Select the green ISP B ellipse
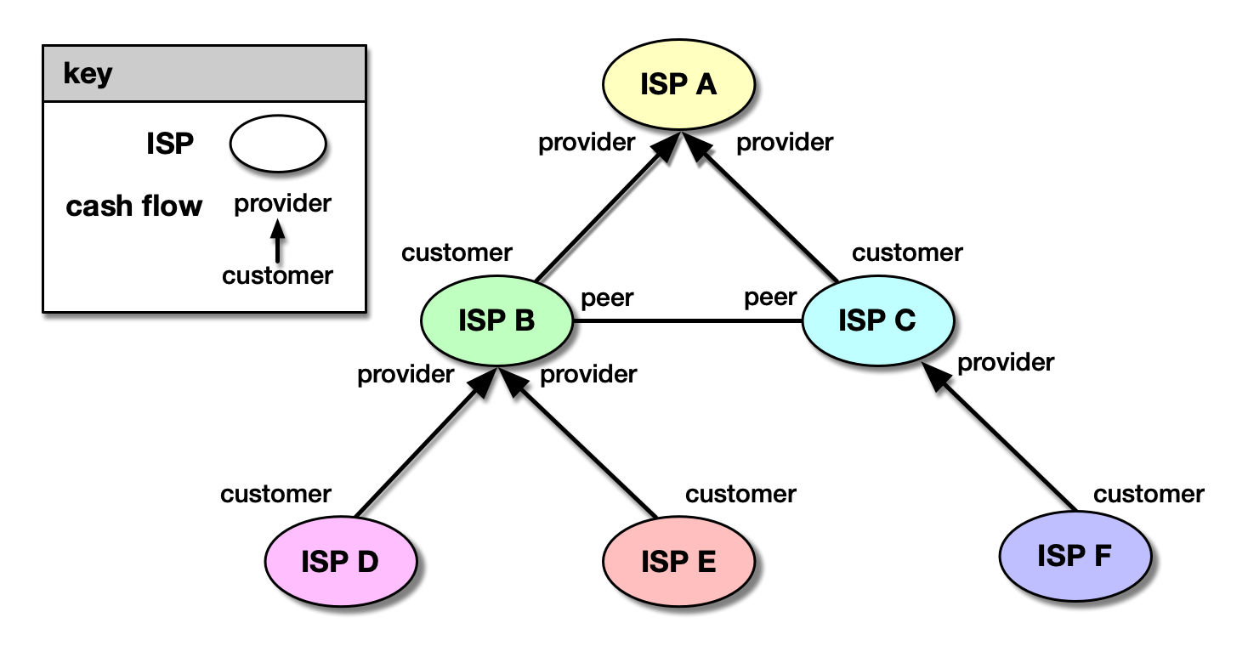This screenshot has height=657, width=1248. tap(496, 320)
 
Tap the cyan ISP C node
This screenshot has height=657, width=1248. tap(877, 320)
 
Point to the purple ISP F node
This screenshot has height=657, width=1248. tap(1075, 556)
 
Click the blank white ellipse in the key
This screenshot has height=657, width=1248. tap(277, 144)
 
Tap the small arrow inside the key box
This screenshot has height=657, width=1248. tap(277, 241)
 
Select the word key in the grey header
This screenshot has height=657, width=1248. tap(88, 74)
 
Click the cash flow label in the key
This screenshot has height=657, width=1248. tap(134, 207)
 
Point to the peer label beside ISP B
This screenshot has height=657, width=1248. tap(607, 298)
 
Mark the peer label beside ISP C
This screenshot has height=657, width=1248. tap(770, 297)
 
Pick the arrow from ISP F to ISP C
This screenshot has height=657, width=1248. tap(1003, 442)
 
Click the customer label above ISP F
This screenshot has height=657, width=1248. tap(1149, 494)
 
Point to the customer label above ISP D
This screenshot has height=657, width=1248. tap(275, 494)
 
